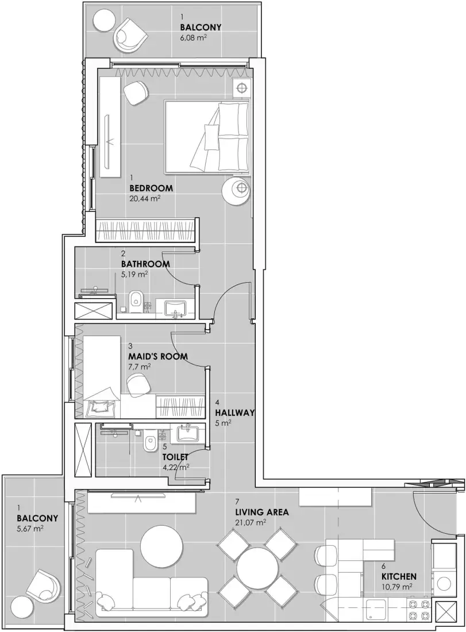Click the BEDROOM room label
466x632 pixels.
click(x=151, y=188)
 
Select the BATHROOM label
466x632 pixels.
click(x=145, y=264)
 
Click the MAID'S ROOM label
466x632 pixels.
click(x=157, y=356)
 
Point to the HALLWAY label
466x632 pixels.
click(x=234, y=413)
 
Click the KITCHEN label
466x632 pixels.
click(x=399, y=576)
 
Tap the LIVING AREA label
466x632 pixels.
click(x=261, y=512)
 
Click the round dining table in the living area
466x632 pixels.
click(x=257, y=568)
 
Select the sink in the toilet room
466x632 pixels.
click(x=187, y=432)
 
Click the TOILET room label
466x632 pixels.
click(x=176, y=457)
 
